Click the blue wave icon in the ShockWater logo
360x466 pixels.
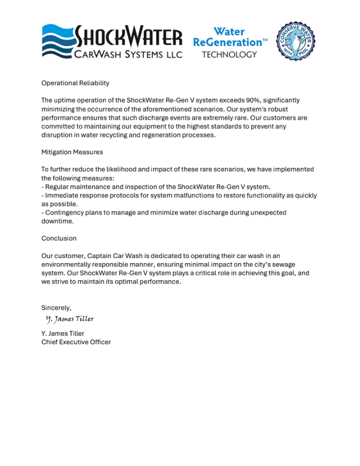(x=57, y=41)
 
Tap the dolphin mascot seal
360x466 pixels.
(x=296, y=41)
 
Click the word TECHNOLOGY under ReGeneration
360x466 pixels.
(x=229, y=55)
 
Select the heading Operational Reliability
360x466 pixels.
(x=75, y=83)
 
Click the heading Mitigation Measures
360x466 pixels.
(x=72, y=152)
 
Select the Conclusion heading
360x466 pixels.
(x=59, y=238)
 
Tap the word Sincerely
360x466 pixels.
(x=56, y=308)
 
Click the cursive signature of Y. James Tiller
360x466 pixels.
(x=70, y=319)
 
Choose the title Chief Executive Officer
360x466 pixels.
(x=76, y=342)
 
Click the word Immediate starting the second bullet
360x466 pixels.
(x=62, y=195)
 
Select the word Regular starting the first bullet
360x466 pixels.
(x=58, y=187)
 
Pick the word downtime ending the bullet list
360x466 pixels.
(x=57, y=221)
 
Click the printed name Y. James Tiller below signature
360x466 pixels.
(x=63, y=334)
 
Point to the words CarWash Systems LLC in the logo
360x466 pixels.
(x=128, y=54)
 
